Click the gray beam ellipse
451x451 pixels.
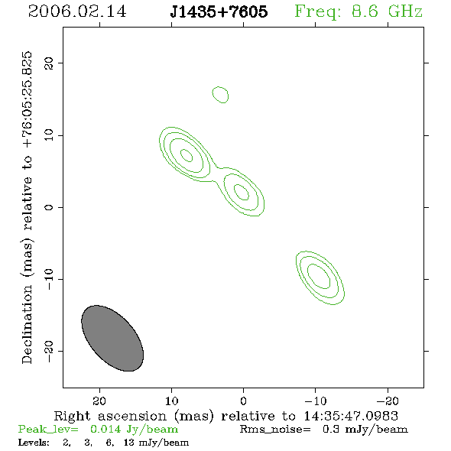coord(112,338)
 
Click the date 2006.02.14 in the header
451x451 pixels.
coord(77,11)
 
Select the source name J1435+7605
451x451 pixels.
coord(219,11)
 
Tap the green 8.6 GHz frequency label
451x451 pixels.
coord(359,11)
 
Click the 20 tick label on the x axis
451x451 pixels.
coord(99,401)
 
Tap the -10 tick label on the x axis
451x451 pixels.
coord(316,401)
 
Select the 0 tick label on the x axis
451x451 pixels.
coord(243,401)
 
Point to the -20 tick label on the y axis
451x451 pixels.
coord(49,351)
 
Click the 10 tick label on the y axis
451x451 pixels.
coord(49,135)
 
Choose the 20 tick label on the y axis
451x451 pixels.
coord(49,63)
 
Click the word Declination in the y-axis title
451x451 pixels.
coord(27,324)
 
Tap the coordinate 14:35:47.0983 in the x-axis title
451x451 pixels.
coord(351,416)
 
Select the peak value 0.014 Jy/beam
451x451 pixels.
coord(134,430)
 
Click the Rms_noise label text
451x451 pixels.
coord(275,430)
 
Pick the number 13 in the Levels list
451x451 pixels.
coord(128,443)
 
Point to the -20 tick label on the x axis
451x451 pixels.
coord(388,401)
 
